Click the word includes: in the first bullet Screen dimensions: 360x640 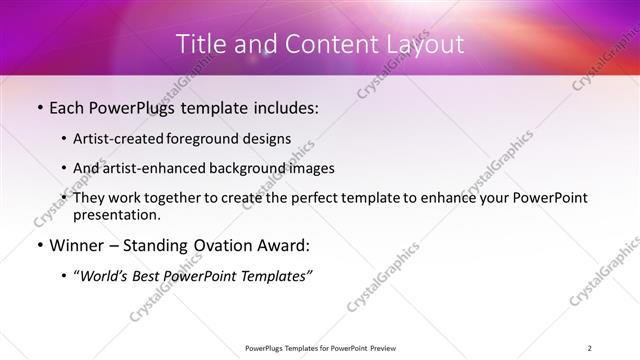tap(281, 107)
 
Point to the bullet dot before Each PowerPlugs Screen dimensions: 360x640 tap(39, 108)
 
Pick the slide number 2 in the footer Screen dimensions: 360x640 tap(590, 348)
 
